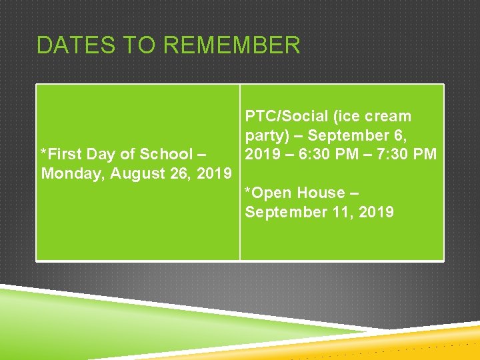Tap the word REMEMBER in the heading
(x=231, y=45)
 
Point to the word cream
(x=386, y=116)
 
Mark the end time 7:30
(x=393, y=154)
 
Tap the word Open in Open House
(x=274, y=193)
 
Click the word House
(x=322, y=193)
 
